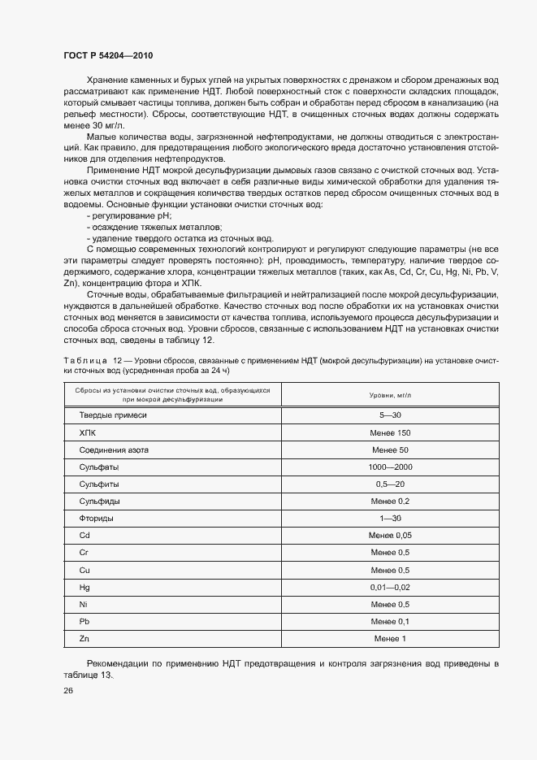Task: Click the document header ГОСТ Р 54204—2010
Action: [x=108, y=56]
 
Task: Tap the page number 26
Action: [x=68, y=691]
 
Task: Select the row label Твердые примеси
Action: [x=113, y=415]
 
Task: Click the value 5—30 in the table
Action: [x=391, y=415]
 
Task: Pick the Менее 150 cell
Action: [x=391, y=432]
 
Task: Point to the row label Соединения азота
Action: [x=114, y=449]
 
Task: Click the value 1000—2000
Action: [x=391, y=467]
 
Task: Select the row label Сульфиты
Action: [x=99, y=484]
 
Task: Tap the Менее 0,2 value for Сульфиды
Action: [x=391, y=501]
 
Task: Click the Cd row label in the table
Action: [x=84, y=535]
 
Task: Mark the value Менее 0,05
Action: [x=391, y=535]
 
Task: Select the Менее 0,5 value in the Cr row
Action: [x=391, y=553]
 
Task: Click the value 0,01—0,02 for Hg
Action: [x=391, y=587]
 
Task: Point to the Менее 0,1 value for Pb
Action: [x=391, y=622]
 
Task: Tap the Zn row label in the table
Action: [x=84, y=639]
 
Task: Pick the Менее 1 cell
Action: [x=391, y=639]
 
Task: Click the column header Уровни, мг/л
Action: [x=391, y=395]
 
